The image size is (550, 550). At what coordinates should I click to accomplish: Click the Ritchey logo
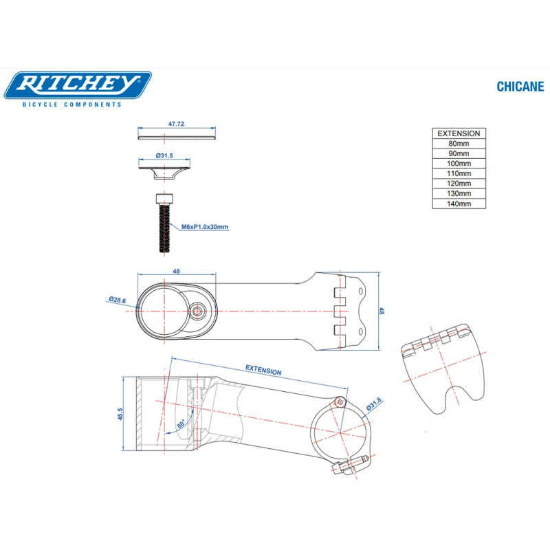click(78, 85)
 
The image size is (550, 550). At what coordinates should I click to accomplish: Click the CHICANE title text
click(520, 87)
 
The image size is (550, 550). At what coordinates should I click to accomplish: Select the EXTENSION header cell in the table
click(459, 133)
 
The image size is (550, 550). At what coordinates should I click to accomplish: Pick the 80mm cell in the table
click(459, 144)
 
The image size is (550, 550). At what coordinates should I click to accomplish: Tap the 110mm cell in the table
click(459, 173)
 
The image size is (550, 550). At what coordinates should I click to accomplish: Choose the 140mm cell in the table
click(459, 203)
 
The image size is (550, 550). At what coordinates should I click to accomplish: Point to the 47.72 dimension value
click(176, 124)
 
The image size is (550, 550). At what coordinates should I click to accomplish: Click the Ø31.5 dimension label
click(164, 155)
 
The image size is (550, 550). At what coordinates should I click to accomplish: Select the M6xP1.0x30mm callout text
click(205, 227)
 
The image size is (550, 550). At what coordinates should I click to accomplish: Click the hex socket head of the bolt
click(164, 199)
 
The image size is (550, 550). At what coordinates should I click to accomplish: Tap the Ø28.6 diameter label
click(117, 300)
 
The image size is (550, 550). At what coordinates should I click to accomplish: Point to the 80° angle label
click(181, 424)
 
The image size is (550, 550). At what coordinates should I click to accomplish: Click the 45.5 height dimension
click(120, 415)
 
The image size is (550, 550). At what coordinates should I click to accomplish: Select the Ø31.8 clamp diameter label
click(374, 404)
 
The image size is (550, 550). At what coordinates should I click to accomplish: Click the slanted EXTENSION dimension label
click(263, 370)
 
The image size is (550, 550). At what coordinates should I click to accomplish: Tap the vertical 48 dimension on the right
click(382, 311)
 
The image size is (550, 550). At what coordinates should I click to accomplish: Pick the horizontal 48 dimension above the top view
click(177, 271)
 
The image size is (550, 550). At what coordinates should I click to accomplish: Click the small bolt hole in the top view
click(197, 311)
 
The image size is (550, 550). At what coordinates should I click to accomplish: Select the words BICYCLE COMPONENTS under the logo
click(72, 104)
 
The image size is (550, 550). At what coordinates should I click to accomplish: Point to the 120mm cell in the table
click(459, 184)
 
